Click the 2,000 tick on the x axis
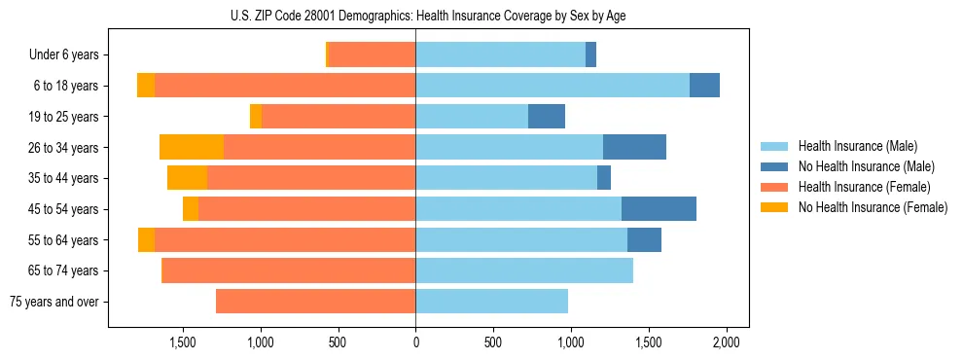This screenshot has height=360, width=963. pyautogui.click(x=726, y=342)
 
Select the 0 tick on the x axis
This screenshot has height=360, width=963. pyautogui.click(x=415, y=342)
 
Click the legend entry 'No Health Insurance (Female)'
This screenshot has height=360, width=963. pyautogui.click(x=873, y=207)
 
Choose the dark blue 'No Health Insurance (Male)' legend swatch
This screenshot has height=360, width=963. pyautogui.click(x=775, y=166)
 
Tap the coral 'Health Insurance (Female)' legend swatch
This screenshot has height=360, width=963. pyautogui.click(x=775, y=187)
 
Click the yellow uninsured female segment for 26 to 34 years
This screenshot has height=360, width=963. pyautogui.click(x=192, y=147)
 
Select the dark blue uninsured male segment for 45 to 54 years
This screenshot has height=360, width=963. pyautogui.click(x=659, y=208)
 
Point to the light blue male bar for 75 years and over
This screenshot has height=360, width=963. pyautogui.click(x=491, y=302)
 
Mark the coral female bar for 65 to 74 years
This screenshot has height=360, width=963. pyautogui.click(x=289, y=270)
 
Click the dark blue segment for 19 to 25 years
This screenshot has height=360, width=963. pyautogui.click(x=547, y=116)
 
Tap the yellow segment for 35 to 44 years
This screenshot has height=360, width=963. pyautogui.click(x=187, y=178)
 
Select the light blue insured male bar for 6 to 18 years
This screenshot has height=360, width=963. pyautogui.click(x=553, y=85)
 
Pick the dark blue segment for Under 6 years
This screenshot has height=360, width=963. pyautogui.click(x=590, y=54)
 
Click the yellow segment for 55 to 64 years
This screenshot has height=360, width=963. pyautogui.click(x=146, y=239)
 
